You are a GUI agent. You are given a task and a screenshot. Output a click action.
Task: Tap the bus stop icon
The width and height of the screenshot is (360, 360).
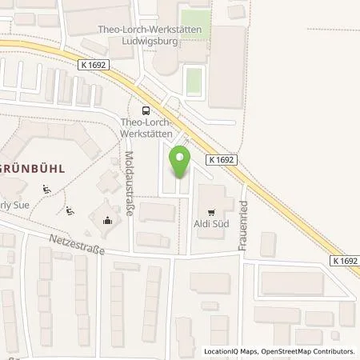pos(146,110)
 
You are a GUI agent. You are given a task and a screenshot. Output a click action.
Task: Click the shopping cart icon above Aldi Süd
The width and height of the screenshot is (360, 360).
pos(211,213)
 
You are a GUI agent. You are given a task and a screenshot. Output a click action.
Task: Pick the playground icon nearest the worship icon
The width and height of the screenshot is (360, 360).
pos(70,212)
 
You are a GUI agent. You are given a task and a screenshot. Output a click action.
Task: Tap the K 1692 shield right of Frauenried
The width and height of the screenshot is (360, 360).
pos(343,261)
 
